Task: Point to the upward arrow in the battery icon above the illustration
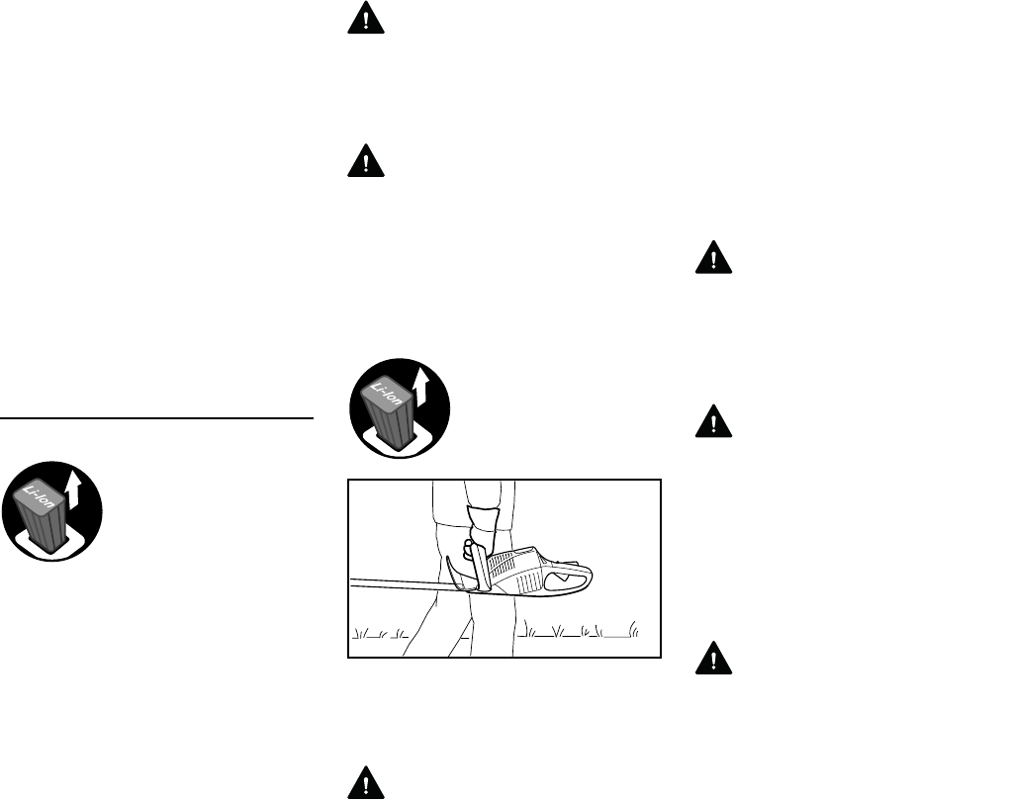[422, 385]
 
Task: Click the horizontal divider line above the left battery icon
[156, 418]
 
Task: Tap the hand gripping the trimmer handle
[474, 550]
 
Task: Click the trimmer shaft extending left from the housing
[396, 584]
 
